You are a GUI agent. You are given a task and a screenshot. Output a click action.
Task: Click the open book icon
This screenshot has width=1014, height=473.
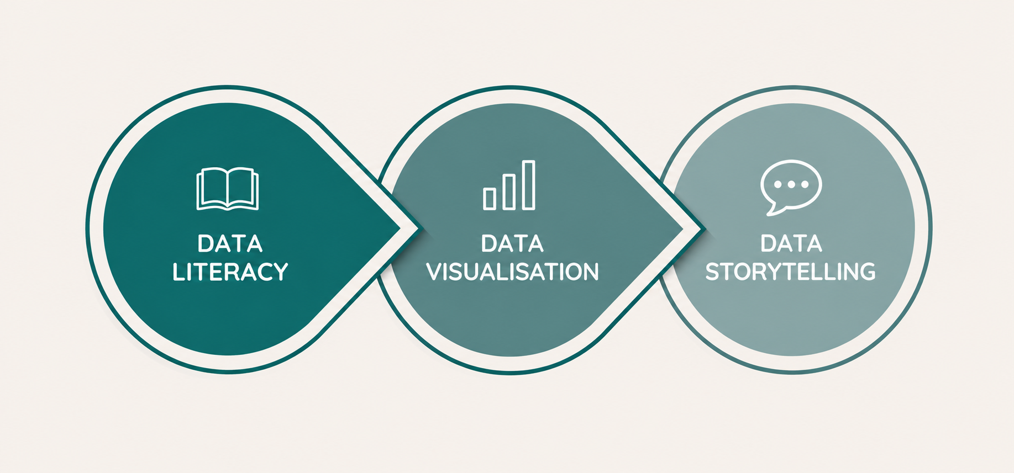tap(228, 189)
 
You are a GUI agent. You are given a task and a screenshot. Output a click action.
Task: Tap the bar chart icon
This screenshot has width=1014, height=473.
tap(509, 185)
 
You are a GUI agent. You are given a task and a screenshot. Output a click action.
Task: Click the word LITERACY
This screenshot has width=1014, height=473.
tap(230, 272)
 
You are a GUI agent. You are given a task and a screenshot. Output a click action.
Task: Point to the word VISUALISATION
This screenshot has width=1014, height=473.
tap(512, 272)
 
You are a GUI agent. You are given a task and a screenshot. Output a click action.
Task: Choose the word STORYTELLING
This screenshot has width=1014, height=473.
tap(790, 272)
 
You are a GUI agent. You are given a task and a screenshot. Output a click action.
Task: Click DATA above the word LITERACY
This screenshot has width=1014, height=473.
tap(230, 243)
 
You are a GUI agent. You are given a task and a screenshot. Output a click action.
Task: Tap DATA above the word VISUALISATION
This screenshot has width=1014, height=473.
tap(512, 243)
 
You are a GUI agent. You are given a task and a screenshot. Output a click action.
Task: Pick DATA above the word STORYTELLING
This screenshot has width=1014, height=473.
tap(791, 243)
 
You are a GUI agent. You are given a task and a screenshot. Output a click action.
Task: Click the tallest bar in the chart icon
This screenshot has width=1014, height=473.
tap(529, 185)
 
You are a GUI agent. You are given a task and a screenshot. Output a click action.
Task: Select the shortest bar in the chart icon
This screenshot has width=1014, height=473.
tap(490, 199)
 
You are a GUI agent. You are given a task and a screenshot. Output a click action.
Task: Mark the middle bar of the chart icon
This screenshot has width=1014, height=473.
tap(509, 192)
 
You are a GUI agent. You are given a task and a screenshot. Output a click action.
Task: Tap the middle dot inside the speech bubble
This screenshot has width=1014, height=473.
tap(791, 184)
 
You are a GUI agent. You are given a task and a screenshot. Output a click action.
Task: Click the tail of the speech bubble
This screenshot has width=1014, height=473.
tap(772, 209)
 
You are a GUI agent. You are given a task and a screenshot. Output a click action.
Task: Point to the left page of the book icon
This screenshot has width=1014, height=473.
tap(212, 188)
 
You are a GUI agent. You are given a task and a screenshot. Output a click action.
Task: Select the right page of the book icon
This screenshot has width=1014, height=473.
tap(243, 188)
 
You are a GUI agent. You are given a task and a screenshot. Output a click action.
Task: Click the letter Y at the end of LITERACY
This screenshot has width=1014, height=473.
tap(280, 272)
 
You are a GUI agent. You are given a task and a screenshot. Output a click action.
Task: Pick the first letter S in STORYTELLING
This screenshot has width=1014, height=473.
tap(712, 272)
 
